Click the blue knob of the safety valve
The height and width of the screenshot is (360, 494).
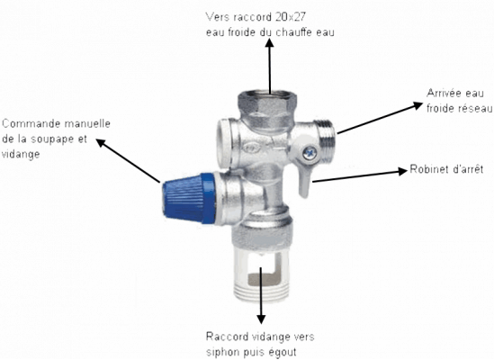[x=189, y=198]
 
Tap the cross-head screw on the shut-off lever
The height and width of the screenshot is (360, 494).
[x=310, y=154]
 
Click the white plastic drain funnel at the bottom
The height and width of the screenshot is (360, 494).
[x=261, y=274]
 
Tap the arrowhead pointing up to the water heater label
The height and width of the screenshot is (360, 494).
[x=269, y=43]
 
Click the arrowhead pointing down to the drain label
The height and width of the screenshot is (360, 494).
[x=261, y=319]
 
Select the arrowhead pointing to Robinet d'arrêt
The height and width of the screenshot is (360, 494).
[x=402, y=171]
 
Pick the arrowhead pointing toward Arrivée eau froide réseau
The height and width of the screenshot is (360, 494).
[x=418, y=105]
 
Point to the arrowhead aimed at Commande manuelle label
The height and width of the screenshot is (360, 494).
[x=101, y=143]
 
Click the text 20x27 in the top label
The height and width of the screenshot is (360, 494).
[x=290, y=17]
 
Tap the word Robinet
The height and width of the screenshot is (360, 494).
[x=427, y=169]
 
